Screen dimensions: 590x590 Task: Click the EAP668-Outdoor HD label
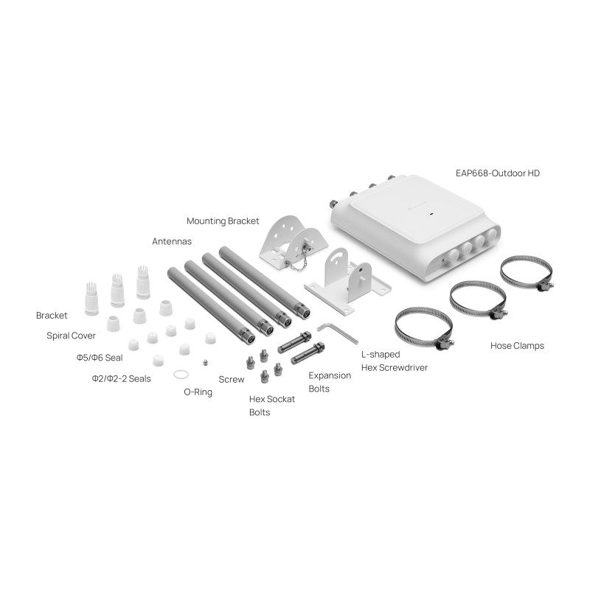(497, 173)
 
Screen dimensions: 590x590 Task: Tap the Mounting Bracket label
(223, 221)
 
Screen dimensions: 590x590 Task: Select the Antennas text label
(172, 241)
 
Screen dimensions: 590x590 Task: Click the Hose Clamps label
(517, 346)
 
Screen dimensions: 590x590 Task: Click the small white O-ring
(181, 375)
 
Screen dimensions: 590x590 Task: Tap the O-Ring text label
(198, 392)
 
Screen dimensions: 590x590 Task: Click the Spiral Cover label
(71, 336)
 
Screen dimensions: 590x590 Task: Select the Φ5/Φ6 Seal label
(100, 358)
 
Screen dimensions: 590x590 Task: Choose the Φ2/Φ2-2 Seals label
(121, 378)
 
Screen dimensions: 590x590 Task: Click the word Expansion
(330, 375)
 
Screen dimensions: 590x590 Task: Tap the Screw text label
(232, 379)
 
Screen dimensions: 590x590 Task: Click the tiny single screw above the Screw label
(205, 362)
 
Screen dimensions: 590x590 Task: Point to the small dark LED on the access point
(431, 215)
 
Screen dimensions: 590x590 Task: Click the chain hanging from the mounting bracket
(297, 265)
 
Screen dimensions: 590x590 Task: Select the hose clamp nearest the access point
(527, 273)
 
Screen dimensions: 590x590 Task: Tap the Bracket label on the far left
(52, 316)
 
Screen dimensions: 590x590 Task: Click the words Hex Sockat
(272, 399)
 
